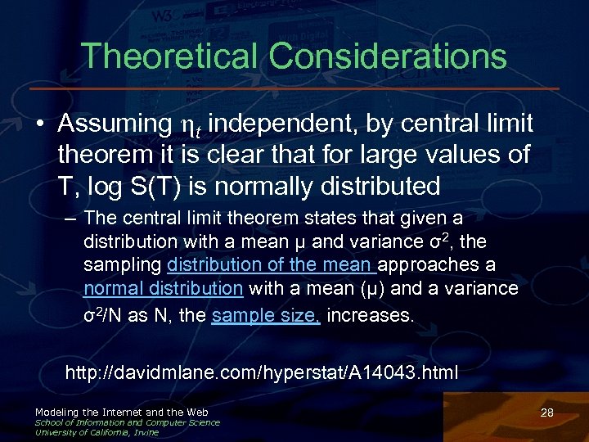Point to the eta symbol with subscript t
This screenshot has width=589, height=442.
coord(187,125)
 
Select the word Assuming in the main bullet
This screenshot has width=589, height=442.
coord(114,124)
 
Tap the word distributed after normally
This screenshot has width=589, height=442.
coord(371,186)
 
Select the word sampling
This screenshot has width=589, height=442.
coord(123,265)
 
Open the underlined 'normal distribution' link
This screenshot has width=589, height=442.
coord(164,288)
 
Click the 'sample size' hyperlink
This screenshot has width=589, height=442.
coord(265,316)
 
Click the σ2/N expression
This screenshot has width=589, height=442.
coord(104,316)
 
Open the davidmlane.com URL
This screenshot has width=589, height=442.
coord(262,373)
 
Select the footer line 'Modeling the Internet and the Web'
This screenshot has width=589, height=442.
coord(121,412)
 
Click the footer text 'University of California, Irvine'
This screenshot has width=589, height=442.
coord(97,432)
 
